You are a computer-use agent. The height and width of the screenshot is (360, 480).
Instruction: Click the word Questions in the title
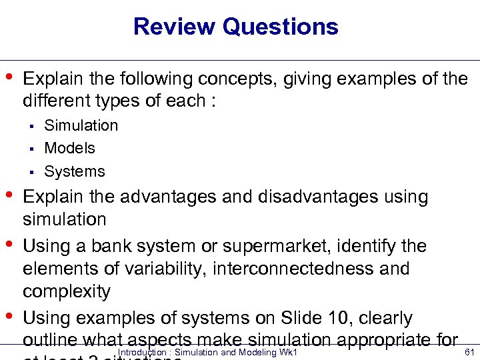click(x=281, y=27)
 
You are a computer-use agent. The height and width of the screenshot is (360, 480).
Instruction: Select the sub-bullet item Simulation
click(x=81, y=125)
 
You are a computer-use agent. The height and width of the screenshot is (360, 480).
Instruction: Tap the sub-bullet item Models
click(x=69, y=148)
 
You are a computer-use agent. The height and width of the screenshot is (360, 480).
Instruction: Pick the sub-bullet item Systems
click(x=74, y=171)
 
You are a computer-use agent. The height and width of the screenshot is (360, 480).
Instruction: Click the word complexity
click(x=66, y=291)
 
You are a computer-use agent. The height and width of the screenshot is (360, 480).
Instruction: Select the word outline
click(x=48, y=339)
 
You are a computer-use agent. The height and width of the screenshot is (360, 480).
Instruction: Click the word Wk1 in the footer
click(x=286, y=352)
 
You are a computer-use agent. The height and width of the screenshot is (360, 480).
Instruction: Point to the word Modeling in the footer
click(x=251, y=352)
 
